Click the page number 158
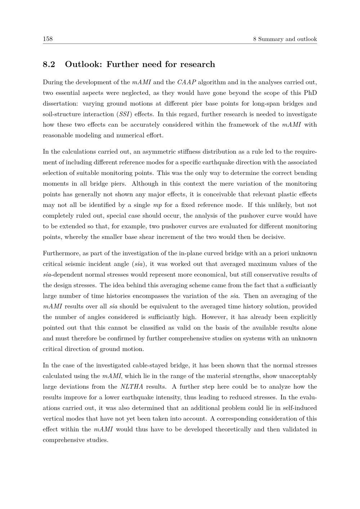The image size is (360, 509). tap(48, 39)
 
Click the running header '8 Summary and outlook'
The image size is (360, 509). tap(285, 39)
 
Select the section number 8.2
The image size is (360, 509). tap(49, 64)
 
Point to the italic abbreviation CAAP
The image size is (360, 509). tap(186, 82)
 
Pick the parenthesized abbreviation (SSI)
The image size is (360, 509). tap(124, 114)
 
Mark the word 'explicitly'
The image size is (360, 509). tap(302, 317)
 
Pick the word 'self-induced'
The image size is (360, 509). tap(299, 408)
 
